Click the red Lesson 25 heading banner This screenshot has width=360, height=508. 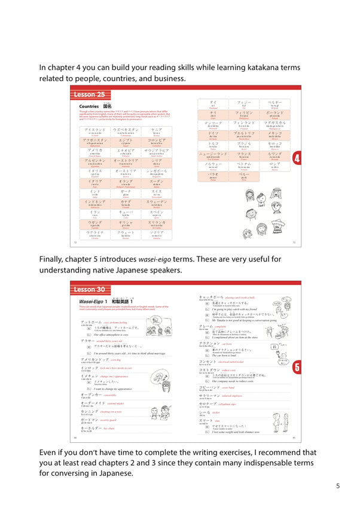[x=89, y=94]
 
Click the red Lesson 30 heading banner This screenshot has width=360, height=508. [x=89, y=289]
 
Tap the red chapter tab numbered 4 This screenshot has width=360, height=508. [x=297, y=158]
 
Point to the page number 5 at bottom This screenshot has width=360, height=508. [x=338, y=486]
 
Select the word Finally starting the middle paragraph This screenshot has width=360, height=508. [x=55, y=259]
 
